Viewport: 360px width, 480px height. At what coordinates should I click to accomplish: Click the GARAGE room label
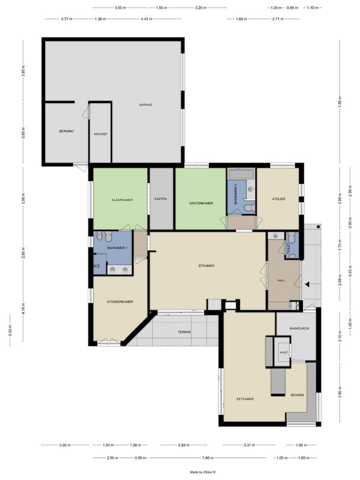145,104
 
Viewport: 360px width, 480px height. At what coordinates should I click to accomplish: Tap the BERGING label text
67,131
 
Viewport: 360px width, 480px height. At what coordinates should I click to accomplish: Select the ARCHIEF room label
101,134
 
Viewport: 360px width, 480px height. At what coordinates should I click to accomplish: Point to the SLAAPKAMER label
122,200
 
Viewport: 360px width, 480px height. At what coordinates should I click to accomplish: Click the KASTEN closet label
161,199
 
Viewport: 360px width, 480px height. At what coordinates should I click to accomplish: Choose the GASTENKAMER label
201,203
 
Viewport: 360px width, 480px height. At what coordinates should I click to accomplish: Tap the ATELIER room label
279,199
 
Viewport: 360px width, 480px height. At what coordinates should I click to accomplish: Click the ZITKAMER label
206,266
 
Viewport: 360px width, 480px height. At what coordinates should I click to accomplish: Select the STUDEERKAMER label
120,302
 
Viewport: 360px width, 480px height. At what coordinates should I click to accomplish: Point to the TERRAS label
184,332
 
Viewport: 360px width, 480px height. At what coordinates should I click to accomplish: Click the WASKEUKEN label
299,328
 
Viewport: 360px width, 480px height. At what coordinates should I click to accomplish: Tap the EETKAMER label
245,399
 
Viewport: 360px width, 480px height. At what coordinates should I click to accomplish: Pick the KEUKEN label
297,395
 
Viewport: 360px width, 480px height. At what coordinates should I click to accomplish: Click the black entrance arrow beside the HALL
307,284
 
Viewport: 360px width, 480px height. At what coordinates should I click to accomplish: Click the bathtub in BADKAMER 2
242,174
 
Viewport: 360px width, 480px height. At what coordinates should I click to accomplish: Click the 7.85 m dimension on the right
340,102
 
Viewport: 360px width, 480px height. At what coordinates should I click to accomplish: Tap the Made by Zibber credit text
203,472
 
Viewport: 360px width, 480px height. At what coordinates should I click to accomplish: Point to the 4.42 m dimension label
146,19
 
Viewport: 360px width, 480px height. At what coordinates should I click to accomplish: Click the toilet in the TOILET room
292,238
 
